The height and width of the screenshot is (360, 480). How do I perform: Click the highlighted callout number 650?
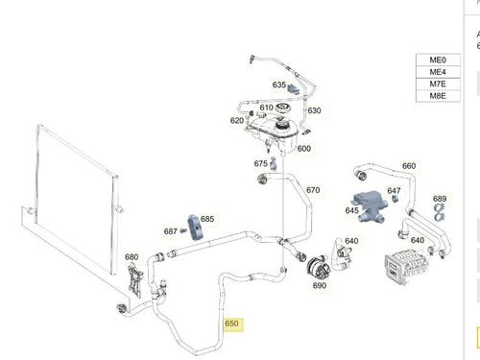(232, 324)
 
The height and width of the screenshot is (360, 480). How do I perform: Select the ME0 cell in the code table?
(438, 60)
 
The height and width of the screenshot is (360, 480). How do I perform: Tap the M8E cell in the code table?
(438, 96)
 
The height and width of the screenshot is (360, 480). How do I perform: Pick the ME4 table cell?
(438, 72)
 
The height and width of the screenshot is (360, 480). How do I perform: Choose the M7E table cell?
(438, 84)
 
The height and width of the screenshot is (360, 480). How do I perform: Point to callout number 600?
(304, 149)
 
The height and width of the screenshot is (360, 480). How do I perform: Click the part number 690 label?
(320, 285)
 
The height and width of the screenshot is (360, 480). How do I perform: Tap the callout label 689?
(440, 199)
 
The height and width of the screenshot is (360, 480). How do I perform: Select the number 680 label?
(132, 257)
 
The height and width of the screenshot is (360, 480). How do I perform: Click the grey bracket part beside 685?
(194, 227)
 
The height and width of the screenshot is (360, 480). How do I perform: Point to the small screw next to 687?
(183, 230)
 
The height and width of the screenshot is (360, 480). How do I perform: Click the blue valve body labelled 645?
(370, 206)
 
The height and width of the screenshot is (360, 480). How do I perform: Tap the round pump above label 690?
(319, 266)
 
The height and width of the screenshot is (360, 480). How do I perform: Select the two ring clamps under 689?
(440, 213)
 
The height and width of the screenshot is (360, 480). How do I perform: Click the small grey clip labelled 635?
(295, 89)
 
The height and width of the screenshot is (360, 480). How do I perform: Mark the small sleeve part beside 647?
(396, 199)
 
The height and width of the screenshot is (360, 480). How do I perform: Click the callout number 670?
(313, 190)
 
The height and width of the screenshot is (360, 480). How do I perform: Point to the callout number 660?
(409, 166)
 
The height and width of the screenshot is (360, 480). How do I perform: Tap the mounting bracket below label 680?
(135, 280)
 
